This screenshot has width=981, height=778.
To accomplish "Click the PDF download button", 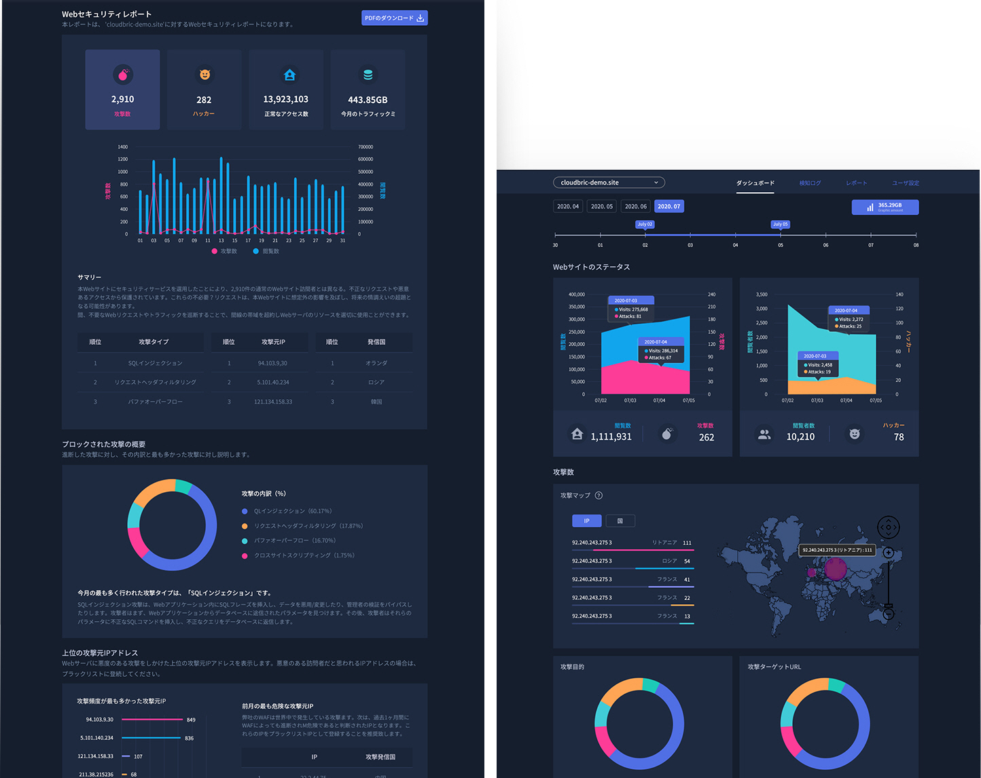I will point(394,18).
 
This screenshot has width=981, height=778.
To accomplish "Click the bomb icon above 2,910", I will point(122,75).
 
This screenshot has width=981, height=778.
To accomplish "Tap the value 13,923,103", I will point(285,100).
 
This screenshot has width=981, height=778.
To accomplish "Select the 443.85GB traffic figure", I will point(368,100).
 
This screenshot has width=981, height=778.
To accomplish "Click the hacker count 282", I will point(204,100).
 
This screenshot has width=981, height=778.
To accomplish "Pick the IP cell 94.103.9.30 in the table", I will point(272,363).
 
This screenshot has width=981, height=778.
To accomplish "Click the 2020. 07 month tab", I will point(669,206).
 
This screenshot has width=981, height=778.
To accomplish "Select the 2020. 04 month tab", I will point(568,206).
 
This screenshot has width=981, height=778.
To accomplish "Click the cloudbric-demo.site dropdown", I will point(609,183).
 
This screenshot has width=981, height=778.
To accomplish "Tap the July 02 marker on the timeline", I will point(645,225).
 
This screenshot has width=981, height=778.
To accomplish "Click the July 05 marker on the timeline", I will point(780,225).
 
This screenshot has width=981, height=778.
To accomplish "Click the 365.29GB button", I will point(885,206).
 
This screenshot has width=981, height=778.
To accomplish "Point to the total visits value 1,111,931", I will point(611,437).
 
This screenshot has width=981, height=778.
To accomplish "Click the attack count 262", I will point(707,437).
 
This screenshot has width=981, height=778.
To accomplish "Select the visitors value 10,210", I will point(800,437).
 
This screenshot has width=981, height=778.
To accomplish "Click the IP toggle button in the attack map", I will point(587,521).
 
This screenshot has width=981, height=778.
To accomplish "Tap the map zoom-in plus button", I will point(888,553).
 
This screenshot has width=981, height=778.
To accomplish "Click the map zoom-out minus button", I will point(888,614).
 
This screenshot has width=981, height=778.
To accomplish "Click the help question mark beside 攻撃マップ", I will point(599,496).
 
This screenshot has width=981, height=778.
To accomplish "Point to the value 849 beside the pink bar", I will point(191,720).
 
